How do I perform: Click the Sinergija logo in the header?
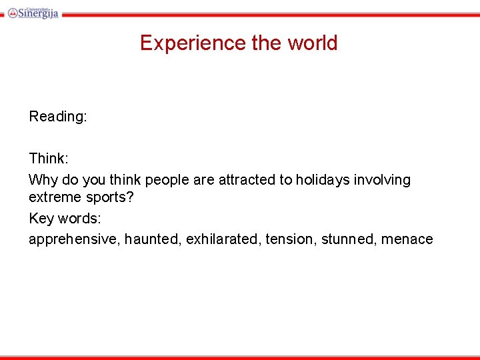(33, 11)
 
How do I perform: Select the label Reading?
(58, 117)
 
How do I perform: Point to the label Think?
(49, 159)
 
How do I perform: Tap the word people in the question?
(168, 180)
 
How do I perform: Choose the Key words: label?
(65, 219)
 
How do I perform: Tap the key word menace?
(407, 239)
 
